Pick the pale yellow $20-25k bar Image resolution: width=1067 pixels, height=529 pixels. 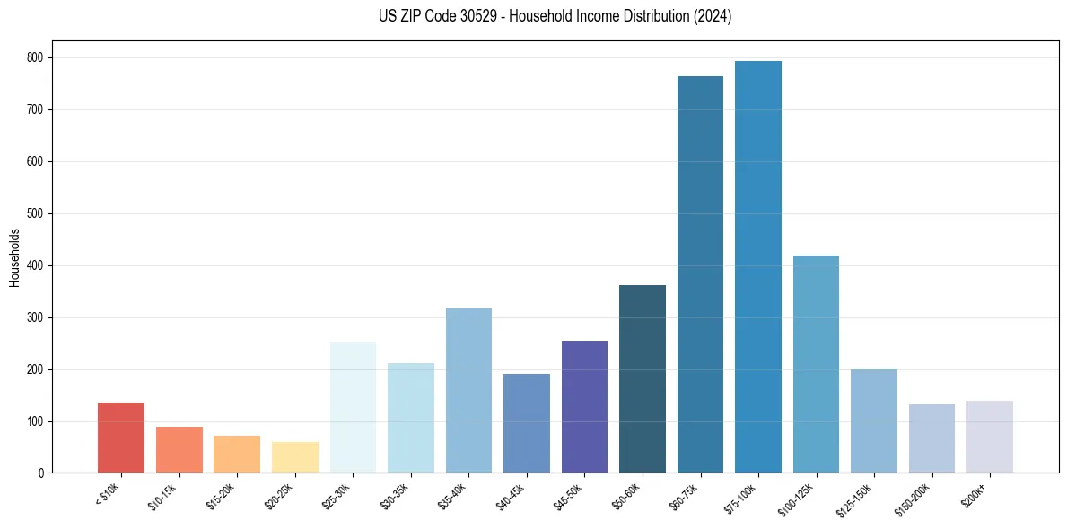tap(295, 457)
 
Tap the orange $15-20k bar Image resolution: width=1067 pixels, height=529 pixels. tap(237, 454)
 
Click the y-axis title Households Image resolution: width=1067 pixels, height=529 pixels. tap(14, 257)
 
